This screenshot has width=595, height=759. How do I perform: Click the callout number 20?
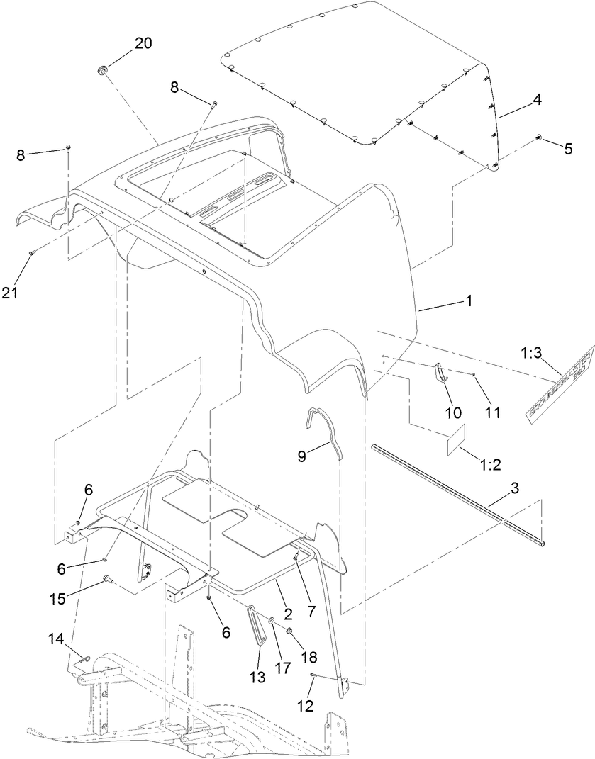pyautogui.click(x=143, y=43)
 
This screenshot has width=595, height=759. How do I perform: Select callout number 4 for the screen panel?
pyautogui.click(x=537, y=100)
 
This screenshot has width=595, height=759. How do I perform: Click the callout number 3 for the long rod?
pyautogui.click(x=515, y=488)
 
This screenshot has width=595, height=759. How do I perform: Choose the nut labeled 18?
pyautogui.click(x=290, y=630)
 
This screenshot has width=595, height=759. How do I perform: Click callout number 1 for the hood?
pyautogui.click(x=467, y=300)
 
